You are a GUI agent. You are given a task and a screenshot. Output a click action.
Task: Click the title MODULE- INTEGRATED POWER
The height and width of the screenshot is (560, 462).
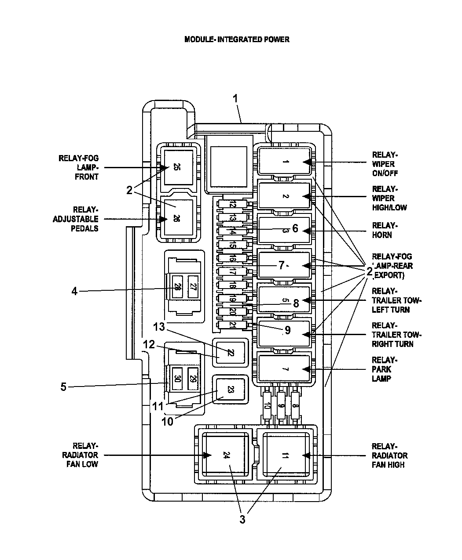click(237, 40)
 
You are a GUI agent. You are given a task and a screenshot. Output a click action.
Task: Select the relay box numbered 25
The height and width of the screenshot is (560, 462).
click(178, 167)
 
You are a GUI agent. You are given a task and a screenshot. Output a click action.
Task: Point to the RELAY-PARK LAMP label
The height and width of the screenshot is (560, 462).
click(381, 369)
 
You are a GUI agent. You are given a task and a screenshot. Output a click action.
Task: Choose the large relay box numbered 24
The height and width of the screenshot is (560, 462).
click(225, 455)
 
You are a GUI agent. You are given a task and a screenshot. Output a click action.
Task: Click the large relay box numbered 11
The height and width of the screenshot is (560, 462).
click(284, 455)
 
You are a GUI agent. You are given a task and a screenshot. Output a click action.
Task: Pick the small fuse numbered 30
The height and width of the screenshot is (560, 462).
click(177, 378)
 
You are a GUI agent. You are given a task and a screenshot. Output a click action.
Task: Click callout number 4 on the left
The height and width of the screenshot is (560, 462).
click(75, 291)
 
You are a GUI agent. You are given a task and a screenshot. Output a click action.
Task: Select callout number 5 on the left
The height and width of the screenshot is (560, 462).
click(64, 387)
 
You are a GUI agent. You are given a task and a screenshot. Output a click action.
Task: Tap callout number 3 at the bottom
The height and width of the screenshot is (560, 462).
click(242, 520)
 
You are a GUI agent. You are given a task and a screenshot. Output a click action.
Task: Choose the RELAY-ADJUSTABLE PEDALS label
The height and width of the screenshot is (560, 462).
click(76, 219)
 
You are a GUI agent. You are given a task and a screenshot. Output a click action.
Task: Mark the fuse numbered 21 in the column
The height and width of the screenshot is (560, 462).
click(232, 325)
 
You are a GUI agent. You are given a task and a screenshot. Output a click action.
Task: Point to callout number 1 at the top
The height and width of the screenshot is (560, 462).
click(235, 98)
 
